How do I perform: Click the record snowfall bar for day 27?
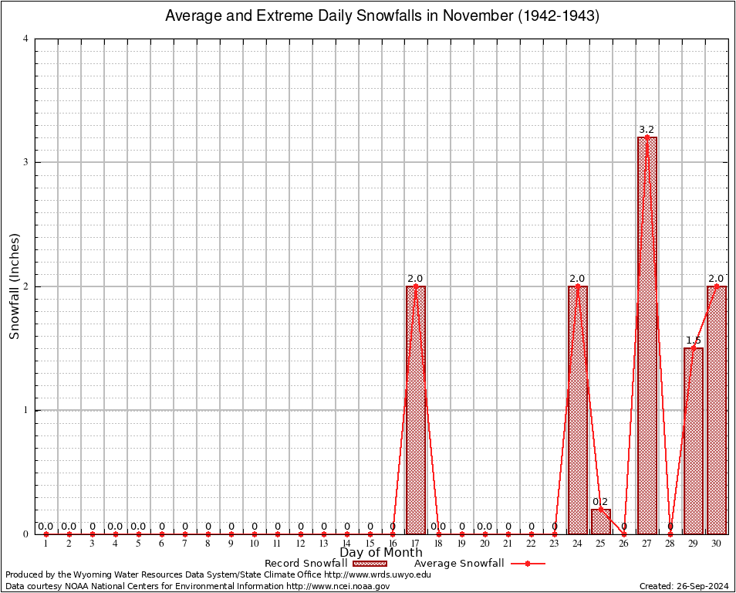pyautogui.click(x=647, y=336)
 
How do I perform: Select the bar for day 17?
pyautogui.click(x=416, y=410)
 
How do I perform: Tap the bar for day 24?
pyautogui.click(x=578, y=410)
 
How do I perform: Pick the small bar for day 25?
pyautogui.click(x=601, y=522)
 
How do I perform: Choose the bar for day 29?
pyautogui.click(x=694, y=441)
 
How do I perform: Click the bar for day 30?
pyautogui.click(x=717, y=410)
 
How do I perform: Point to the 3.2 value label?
pyautogui.click(x=647, y=129)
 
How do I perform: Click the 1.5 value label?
pyautogui.click(x=694, y=341)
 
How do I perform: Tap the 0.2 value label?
pyautogui.click(x=600, y=502)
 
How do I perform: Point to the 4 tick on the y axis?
pyautogui.click(x=25, y=39)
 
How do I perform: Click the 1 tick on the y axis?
pyautogui.click(x=25, y=410)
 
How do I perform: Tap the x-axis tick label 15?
pyautogui.click(x=370, y=544)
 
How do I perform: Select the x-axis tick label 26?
pyautogui.click(x=624, y=544)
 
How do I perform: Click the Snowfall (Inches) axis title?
pyautogui.click(x=15, y=286)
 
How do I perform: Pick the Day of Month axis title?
pyautogui.click(x=381, y=553)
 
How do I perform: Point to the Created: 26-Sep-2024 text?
pyautogui.click(x=684, y=586)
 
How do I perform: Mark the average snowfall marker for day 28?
pyautogui.click(x=670, y=534)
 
